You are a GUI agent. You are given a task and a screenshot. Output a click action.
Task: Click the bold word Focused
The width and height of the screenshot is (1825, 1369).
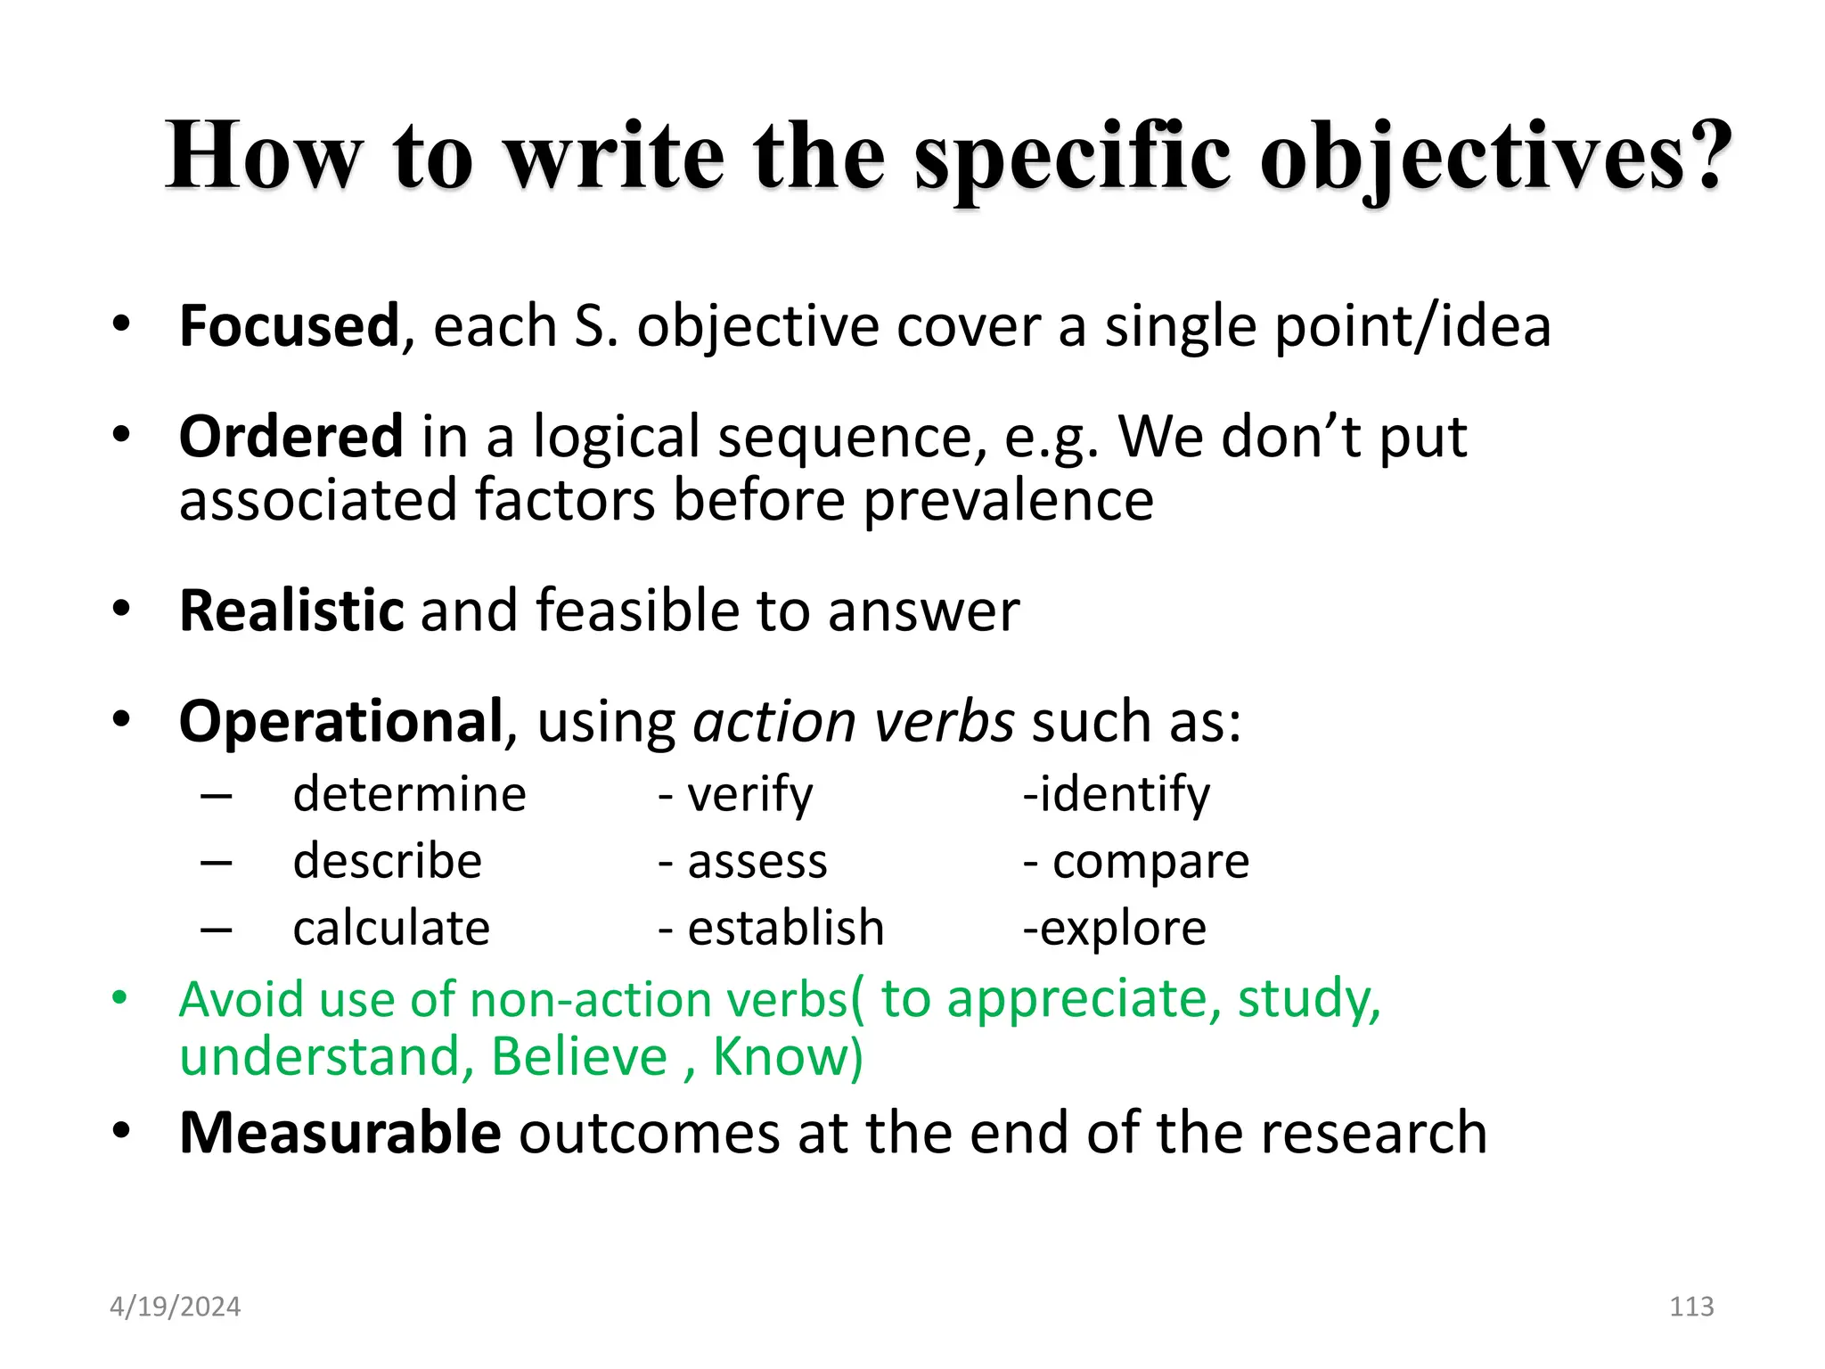pos(289,326)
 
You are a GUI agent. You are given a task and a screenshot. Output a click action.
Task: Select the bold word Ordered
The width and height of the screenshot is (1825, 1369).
pos(291,437)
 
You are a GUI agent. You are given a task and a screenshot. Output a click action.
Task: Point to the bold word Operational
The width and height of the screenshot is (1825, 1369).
pos(341,721)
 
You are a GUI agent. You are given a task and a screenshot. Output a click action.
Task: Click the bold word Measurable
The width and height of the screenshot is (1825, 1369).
pos(340,1133)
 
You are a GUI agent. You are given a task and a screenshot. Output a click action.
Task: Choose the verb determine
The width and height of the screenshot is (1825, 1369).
pos(409,794)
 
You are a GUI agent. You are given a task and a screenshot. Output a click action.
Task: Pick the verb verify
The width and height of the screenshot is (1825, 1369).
pos(749,794)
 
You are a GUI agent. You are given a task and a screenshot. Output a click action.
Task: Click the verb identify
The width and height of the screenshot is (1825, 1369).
pos(1125,794)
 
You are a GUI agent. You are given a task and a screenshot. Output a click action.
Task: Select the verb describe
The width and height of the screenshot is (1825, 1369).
pos(387,861)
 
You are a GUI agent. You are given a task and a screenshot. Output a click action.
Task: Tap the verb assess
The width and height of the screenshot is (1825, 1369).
pos(757,862)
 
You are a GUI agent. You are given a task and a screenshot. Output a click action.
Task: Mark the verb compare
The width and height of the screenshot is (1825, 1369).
pos(1150,863)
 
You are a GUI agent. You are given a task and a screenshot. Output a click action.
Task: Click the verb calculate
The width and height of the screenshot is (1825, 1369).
pos(391,929)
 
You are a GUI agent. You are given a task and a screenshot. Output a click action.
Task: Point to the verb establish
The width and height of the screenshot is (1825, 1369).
pos(785,929)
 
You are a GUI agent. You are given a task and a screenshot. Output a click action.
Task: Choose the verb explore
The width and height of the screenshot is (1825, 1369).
pos(1123,929)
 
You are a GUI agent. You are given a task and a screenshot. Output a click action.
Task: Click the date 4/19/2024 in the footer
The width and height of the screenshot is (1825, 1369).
pos(175,1307)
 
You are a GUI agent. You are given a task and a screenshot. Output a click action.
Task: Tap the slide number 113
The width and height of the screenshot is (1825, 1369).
pos(1691,1307)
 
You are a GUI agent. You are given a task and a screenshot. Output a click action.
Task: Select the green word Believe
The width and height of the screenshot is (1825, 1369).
pos(579,1057)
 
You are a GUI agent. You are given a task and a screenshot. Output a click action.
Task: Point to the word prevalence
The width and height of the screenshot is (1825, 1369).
pos(1009,500)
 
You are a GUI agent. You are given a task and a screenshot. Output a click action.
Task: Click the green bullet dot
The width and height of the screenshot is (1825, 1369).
pos(120,997)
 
